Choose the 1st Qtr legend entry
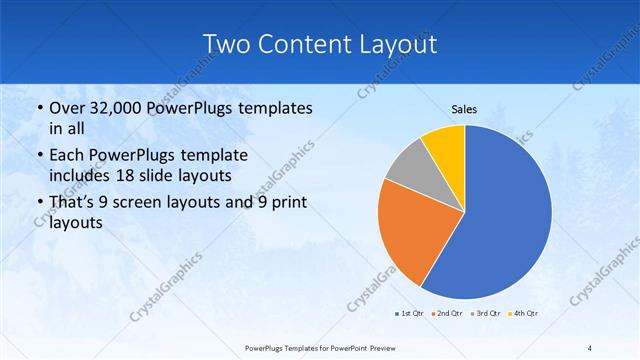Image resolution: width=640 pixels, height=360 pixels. pos(410,314)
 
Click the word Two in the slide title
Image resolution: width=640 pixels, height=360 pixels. pos(227,44)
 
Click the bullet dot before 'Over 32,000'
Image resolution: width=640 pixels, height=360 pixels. pos(38,108)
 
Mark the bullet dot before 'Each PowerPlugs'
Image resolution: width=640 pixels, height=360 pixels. pos(38,156)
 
